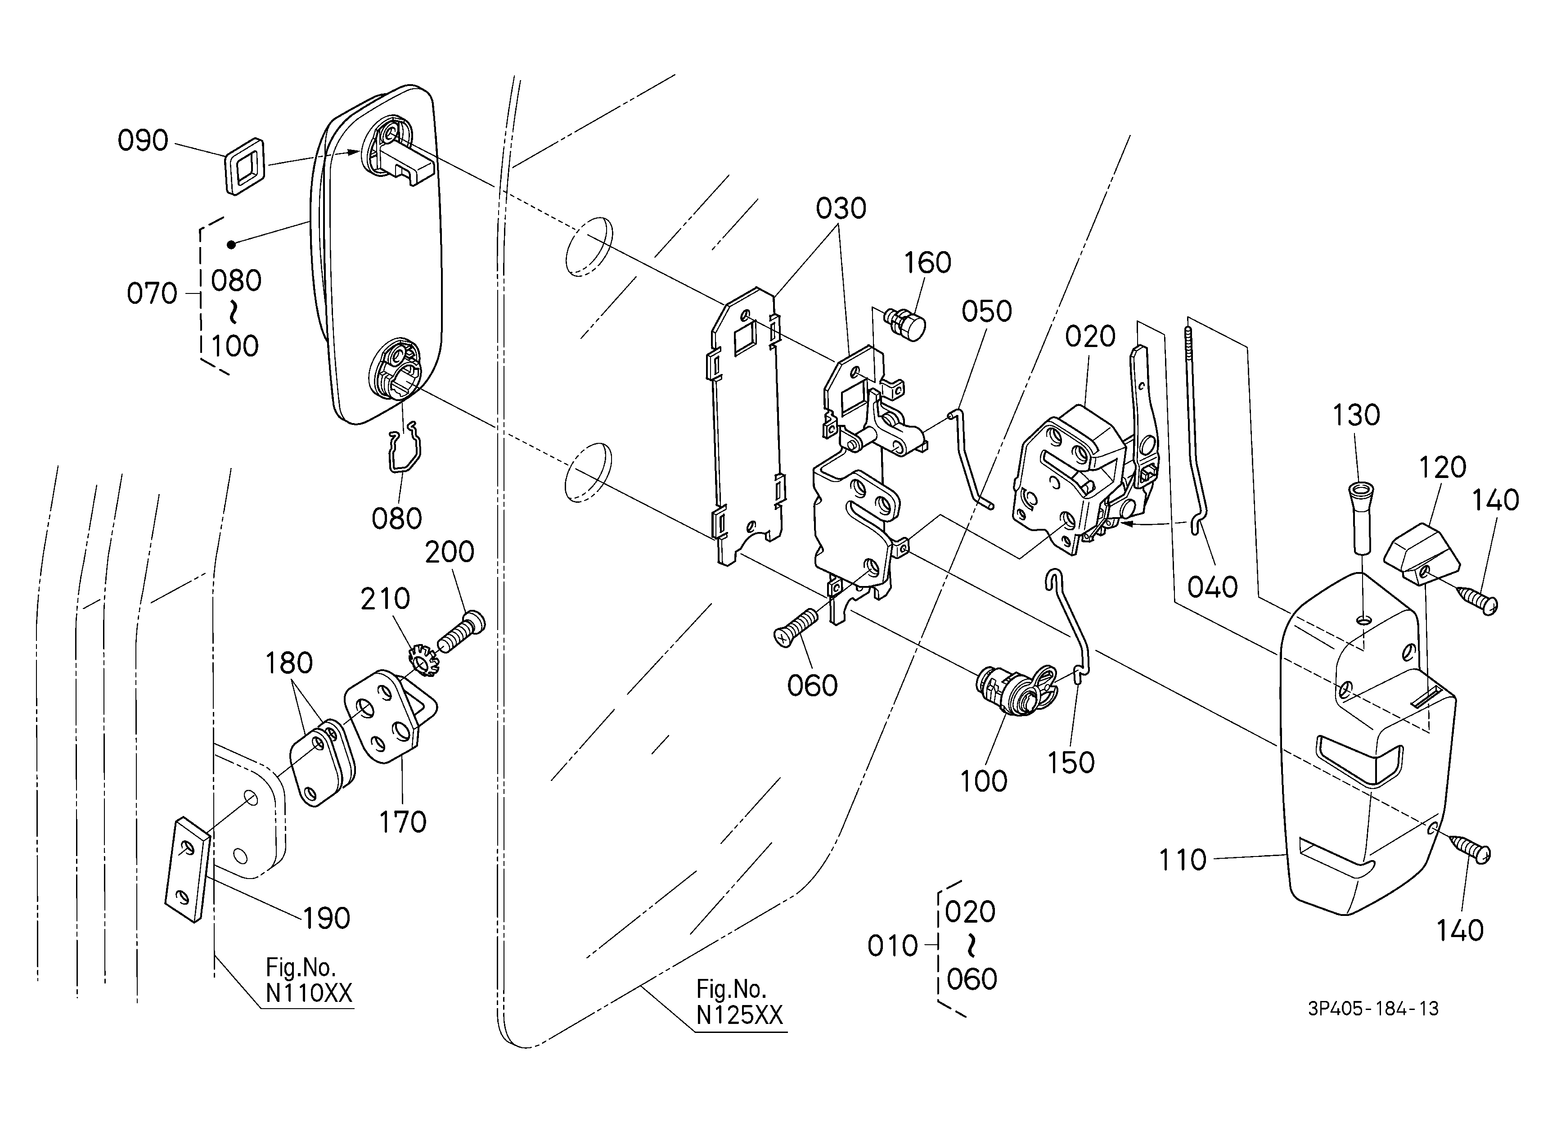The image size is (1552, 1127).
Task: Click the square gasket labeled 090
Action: pyautogui.click(x=244, y=167)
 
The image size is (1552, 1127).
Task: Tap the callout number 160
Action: pyautogui.click(x=927, y=263)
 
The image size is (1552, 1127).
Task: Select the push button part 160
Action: pyautogui.click(x=905, y=324)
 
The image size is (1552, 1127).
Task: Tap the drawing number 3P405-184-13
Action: pyautogui.click(x=1373, y=1009)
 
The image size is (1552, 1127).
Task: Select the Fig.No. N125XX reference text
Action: pyautogui.click(x=739, y=1002)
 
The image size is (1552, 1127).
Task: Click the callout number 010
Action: pyautogui.click(x=892, y=947)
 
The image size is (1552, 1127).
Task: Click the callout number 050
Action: pyautogui.click(x=986, y=311)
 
